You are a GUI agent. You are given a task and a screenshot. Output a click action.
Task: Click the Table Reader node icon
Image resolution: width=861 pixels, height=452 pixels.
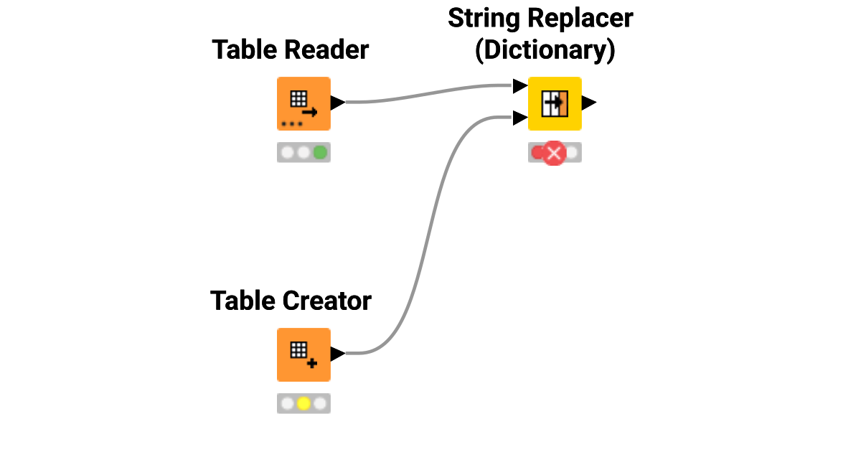pyautogui.click(x=304, y=103)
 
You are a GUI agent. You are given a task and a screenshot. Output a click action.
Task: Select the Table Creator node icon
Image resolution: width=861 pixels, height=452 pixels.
pyautogui.click(x=304, y=354)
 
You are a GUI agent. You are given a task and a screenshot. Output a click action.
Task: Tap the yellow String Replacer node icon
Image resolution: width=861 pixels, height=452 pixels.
pyautogui.click(x=555, y=103)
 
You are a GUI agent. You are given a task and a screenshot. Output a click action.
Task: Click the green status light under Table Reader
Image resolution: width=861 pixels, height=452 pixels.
pyautogui.click(x=320, y=152)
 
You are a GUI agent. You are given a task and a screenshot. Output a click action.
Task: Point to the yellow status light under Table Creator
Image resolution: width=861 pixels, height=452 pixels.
pyautogui.click(x=304, y=403)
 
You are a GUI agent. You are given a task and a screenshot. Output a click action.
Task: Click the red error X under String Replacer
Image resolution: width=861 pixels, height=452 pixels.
pyautogui.click(x=554, y=153)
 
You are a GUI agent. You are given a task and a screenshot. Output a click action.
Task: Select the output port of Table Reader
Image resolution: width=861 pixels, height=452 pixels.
pyautogui.click(x=338, y=103)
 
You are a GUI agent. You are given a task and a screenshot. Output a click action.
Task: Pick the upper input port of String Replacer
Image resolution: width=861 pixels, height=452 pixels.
pyautogui.click(x=520, y=86)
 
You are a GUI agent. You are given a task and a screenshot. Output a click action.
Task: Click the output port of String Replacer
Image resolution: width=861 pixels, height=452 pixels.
pyautogui.click(x=589, y=103)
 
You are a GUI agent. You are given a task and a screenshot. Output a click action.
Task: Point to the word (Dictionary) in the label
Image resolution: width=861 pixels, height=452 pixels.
pyautogui.click(x=545, y=51)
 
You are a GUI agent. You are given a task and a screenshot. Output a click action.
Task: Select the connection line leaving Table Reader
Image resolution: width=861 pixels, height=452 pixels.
pyautogui.click(x=430, y=93)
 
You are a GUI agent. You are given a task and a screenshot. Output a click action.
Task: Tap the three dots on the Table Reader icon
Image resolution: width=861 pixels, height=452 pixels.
pyautogui.click(x=291, y=123)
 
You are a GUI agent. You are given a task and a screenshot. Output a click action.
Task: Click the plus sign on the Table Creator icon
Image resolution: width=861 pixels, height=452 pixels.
pyautogui.click(x=311, y=364)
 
